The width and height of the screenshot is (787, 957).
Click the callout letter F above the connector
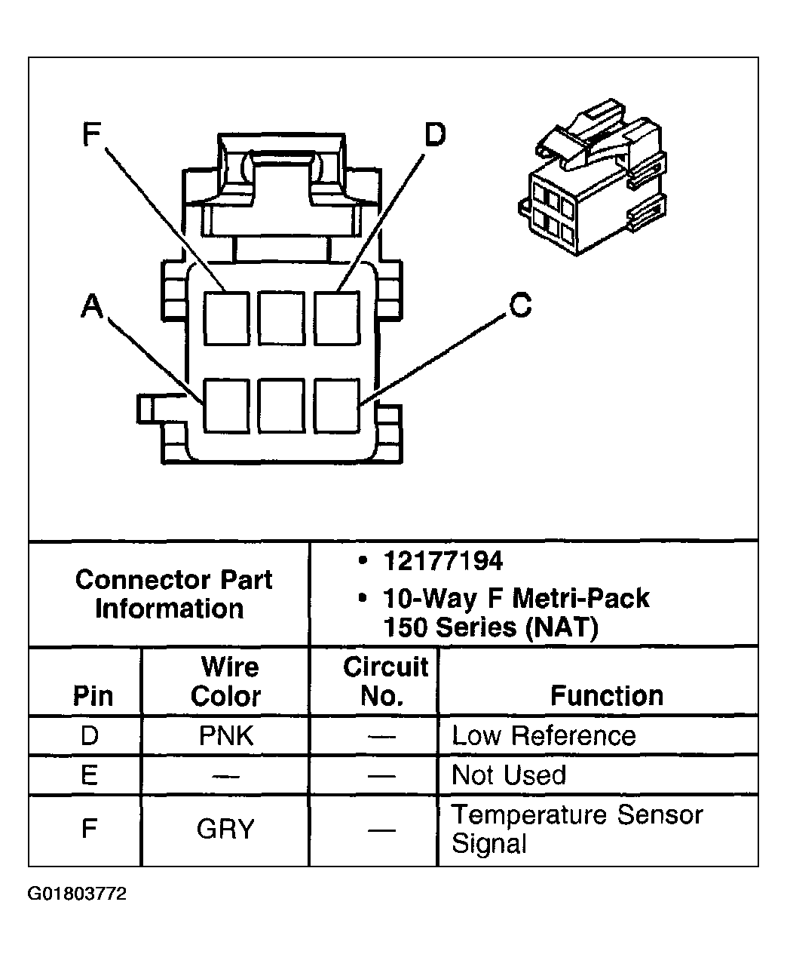click(x=90, y=135)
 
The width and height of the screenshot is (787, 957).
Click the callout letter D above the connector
click(x=434, y=135)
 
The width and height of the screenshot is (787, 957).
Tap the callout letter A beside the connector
click(x=91, y=307)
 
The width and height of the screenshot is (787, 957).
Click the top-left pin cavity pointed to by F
click(x=226, y=317)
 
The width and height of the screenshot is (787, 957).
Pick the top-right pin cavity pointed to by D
click(x=336, y=317)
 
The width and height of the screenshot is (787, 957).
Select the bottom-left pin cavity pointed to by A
click(x=226, y=406)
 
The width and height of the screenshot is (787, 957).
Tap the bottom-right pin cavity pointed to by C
click(x=336, y=406)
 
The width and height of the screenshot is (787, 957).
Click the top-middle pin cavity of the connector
click(x=281, y=317)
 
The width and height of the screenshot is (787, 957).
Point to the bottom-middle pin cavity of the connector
click(x=281, y=406)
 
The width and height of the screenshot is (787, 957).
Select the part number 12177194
click(x=442, y=562)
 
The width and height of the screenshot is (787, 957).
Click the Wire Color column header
click(x=225, y=681)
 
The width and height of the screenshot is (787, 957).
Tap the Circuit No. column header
click(x=384, y=681)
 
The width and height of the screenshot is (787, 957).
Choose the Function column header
click(x=607, y=695)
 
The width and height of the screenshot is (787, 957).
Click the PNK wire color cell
click(x=226, y=736)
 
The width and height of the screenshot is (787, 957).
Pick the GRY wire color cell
click(x=225, y=830)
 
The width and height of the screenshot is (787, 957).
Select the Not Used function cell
click(x=509, y=775)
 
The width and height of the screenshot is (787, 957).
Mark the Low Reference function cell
click(x=544, y=736)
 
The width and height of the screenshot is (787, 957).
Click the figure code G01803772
click(x=78, y=894)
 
